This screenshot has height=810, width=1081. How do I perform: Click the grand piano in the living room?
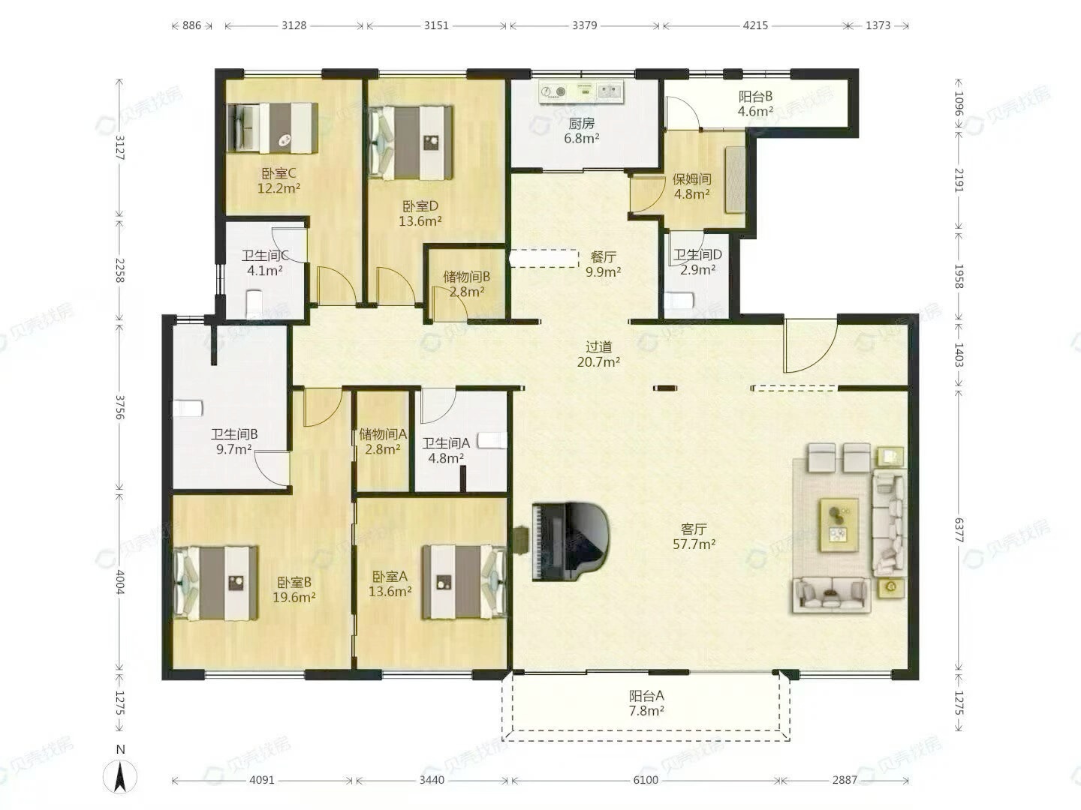(x=571, y=541)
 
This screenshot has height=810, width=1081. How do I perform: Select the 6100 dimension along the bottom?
(x=646, y=780)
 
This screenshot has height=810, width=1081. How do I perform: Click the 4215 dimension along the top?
(x=755, y=25)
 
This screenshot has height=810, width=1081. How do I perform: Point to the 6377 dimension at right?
(x=959, y=531)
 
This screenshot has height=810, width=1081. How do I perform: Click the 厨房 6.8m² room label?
(x=582, y=130)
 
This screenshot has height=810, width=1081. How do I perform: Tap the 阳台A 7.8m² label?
(x=646, y=703)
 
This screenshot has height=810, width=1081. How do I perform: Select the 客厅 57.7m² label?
(x=694, y=536)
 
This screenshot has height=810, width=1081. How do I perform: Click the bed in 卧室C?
(x=273, y=127)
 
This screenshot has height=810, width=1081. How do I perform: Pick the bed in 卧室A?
(x=464, y=581)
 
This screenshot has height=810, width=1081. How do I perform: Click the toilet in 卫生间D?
(x=679, y=301)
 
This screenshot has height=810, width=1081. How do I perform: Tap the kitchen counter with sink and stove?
(x=581, y=92)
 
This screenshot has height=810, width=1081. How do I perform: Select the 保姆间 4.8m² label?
(x=692, y=187)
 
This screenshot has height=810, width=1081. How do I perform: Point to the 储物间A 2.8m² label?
(x=383, y=441)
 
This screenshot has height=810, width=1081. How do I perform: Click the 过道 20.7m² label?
(x=598, y=354)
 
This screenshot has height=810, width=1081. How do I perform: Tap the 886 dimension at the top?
(x=191, y=25)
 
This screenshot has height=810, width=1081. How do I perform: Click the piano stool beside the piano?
(x=520, y=540)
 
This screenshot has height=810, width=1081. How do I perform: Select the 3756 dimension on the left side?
(x=119, y=406)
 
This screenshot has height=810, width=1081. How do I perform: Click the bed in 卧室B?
(x=215, y=583)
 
